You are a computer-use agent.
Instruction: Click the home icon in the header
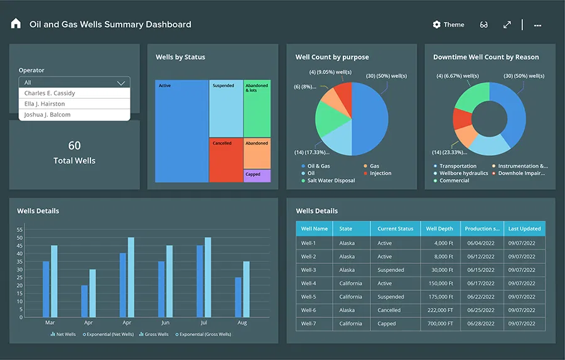pyautogui.click(x=16, y=24)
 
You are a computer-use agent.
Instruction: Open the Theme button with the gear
pyautogui.click(x=448, y=25)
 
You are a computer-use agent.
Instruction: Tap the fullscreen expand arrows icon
pyautogui.click(x=507, y=25)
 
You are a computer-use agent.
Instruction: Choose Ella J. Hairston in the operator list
pyautogui.click(x=45, y=104)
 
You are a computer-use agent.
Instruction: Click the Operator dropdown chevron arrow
pyautogui.click(x=121, y=82)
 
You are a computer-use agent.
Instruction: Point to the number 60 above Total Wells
pyautogui.click(x=74, y=146)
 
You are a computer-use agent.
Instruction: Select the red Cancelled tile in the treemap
pyautogui.click(x=226, y=160)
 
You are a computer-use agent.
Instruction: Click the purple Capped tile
pyautogui.click(x=257, y=175)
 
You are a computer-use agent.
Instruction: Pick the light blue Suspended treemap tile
pyautogui.click(x=226, y=108)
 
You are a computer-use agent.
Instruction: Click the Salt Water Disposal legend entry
pyautogui.click(x=331, y=180)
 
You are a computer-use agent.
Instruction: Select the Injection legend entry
pyautogui.click(x=380, y=173)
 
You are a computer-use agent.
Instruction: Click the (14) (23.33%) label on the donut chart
pyautogui.click(x=449, y=152)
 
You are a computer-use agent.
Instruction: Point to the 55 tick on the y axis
pyautogui.click(x=19, y=229)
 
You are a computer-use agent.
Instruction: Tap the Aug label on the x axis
pyautogui.click(x=242, y=322)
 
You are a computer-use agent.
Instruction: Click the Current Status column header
pyautogui.click(x=395, y=229)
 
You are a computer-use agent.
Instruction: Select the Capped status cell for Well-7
pyautogui.click(x=387, y=324)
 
